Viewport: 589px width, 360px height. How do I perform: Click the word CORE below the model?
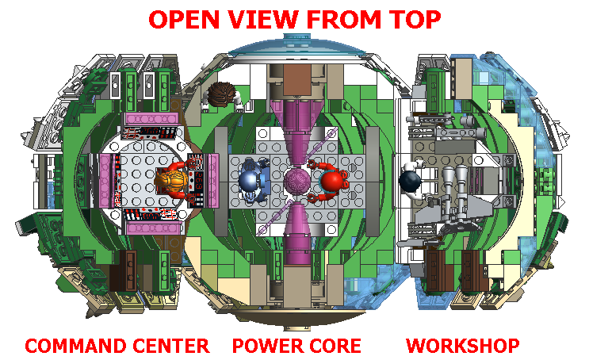(335, 347)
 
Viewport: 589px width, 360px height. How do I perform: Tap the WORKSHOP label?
(463, 347)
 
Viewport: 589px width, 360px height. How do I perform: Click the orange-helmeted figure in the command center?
(173, 181)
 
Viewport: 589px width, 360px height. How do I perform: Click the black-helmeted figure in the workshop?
(411, 180)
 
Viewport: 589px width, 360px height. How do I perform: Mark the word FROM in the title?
(342, 20)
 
